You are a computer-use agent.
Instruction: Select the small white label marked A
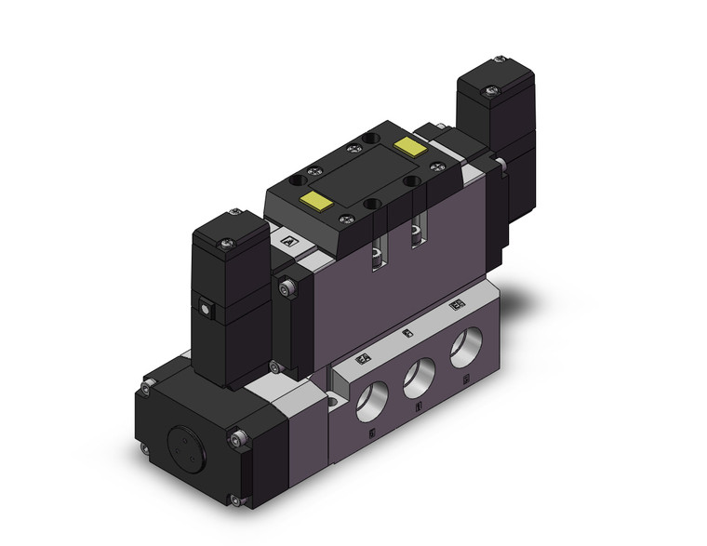(287, 242)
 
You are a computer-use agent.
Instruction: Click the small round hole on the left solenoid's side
(203, 302)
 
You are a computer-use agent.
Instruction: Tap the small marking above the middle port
(407, 332)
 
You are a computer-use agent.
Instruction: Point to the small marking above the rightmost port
(456, 306)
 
